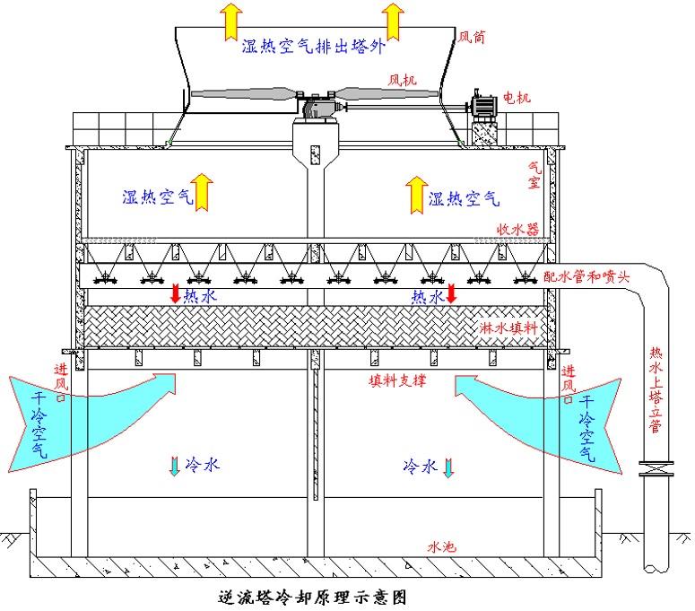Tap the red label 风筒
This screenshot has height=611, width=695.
click(x=472, y=38)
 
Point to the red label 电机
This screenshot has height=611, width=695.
click(x=517, y=97)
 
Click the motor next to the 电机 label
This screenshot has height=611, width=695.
click(x=485, y=106)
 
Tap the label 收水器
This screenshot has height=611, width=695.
click(x=519, y=230)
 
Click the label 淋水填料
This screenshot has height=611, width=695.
click(x=510, y=328)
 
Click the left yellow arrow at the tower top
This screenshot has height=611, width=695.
click(x=232, y=19)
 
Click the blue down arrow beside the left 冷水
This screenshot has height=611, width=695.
click(x=173, y=467)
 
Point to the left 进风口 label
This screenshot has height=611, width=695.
click(x=60, y=380)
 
